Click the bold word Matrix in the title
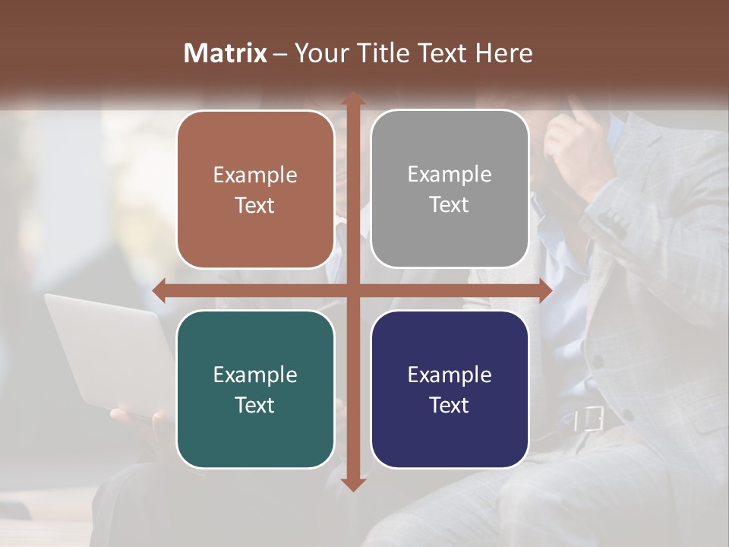(x=226, y=53)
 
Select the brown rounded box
(x=255, y=228)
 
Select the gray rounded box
(x=450, y=236)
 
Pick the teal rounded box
(x=255, y=433)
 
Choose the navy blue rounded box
(x=450, y=433)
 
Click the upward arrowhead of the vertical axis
(x=352, y=99)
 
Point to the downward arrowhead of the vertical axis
(x=352, y=484)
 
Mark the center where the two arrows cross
(x=352, y=291)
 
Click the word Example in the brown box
(x=255, y=175)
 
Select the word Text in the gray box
(x=450, y=205)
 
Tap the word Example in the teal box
(x=255, y=375)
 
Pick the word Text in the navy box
(x=450, y=405)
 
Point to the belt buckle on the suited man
(x=588, y=419)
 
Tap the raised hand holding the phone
(x=581, y=144)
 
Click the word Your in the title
(x=320, y=53)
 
